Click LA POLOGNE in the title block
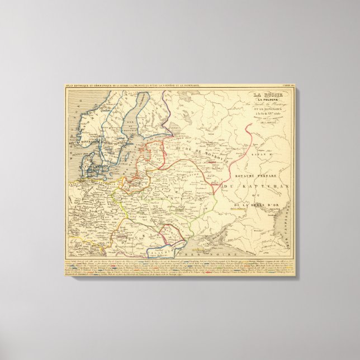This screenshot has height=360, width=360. point(271,101)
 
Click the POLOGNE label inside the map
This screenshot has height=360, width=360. point(140,201)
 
